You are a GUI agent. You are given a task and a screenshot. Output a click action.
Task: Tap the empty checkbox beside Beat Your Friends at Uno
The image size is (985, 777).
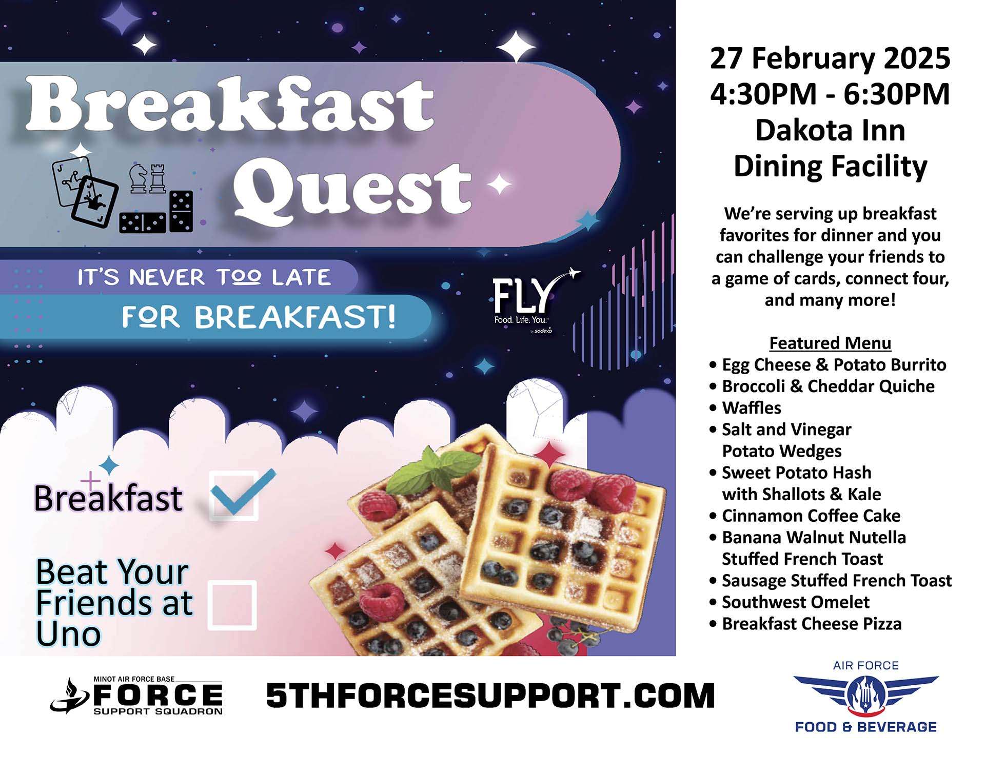click(x=232, y=605)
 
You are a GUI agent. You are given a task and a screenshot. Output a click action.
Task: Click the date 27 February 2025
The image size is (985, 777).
click(x=830, y=58)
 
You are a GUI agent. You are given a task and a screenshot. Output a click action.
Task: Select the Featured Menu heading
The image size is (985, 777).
click(x=830, y=342)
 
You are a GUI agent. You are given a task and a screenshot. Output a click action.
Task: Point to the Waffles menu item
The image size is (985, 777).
click(x=751, y=407)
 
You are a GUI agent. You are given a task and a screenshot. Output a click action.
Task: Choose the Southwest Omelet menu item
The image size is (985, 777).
click(x=795, y=602)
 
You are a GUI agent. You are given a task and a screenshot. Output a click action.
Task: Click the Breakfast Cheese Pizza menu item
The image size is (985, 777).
click(x=811, y=623)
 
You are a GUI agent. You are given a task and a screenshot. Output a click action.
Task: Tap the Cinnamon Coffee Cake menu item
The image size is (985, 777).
click(x=811, y=515)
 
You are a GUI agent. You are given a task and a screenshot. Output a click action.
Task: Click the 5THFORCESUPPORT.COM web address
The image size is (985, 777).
click(x=490, y=696)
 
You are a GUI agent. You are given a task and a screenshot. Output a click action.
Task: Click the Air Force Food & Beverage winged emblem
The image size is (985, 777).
click(x=866, y=696)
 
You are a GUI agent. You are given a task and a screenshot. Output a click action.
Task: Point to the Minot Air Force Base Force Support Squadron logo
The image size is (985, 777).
click(x=136, y=696)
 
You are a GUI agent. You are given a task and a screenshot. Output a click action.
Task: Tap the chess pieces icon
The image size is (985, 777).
click(x=148, y=178)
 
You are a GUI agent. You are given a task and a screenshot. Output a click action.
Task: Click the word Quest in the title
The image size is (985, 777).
click(x=353, y=189)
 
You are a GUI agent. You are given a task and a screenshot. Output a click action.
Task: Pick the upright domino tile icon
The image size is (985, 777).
click(x=181, y=211)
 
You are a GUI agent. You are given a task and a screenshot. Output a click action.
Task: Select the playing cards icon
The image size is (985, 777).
click(x=85, y=191)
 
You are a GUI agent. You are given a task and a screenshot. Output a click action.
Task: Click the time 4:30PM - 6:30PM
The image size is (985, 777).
click(x=830, y=94)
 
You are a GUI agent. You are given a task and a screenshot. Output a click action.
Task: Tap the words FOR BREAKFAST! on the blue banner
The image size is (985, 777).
click(x=259, y=317)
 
